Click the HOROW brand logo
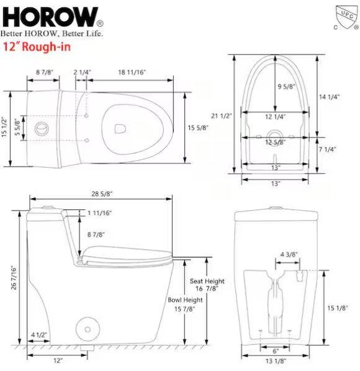53,17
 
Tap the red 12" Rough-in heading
37,47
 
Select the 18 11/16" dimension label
132,72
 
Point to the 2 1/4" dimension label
82,72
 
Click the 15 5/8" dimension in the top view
198,128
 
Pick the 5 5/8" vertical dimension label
17,127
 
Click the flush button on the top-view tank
42,129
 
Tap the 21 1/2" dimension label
221,116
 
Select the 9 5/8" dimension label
287,86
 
